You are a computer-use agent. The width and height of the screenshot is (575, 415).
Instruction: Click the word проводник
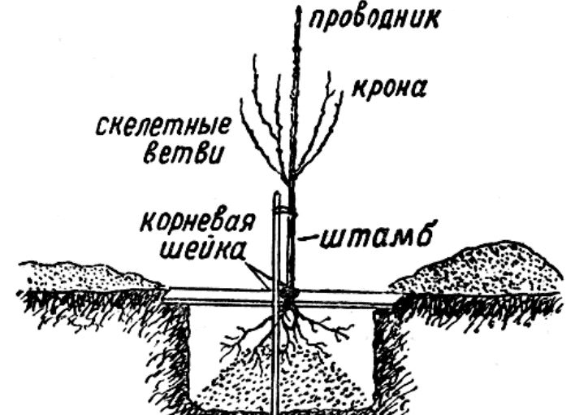374,19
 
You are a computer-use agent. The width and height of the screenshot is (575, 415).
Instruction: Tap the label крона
389,89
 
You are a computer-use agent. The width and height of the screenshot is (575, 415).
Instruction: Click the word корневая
197,221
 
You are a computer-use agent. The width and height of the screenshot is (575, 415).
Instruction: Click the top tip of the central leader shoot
299,7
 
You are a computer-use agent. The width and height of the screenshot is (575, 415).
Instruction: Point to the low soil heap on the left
88,275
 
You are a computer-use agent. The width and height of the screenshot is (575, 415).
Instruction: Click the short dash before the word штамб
307,239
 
